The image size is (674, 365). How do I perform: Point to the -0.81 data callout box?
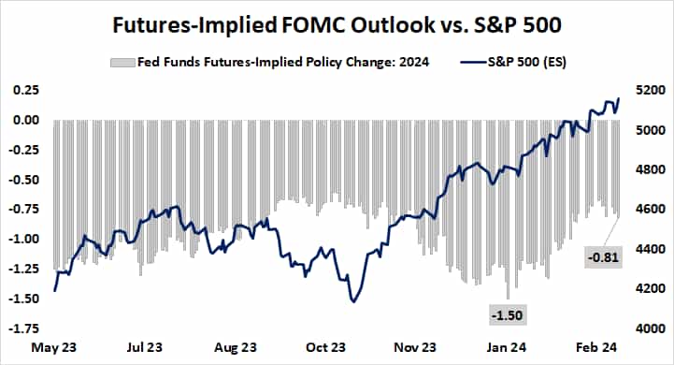(x=601, y=255)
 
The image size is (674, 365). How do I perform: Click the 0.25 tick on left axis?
(x=25, y=91)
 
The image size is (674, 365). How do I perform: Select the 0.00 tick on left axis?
(x=25, y=121)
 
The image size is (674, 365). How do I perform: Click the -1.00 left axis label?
(x=23, y=240)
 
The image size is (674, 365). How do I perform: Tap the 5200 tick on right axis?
(x=649, y=91)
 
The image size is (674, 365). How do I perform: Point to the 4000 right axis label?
(x=649, y=328)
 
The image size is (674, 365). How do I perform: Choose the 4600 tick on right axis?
(x=649, y=210)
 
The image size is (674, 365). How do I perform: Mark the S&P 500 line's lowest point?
(x=353, y=301)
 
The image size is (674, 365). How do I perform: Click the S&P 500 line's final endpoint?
(x=618, y=98)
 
